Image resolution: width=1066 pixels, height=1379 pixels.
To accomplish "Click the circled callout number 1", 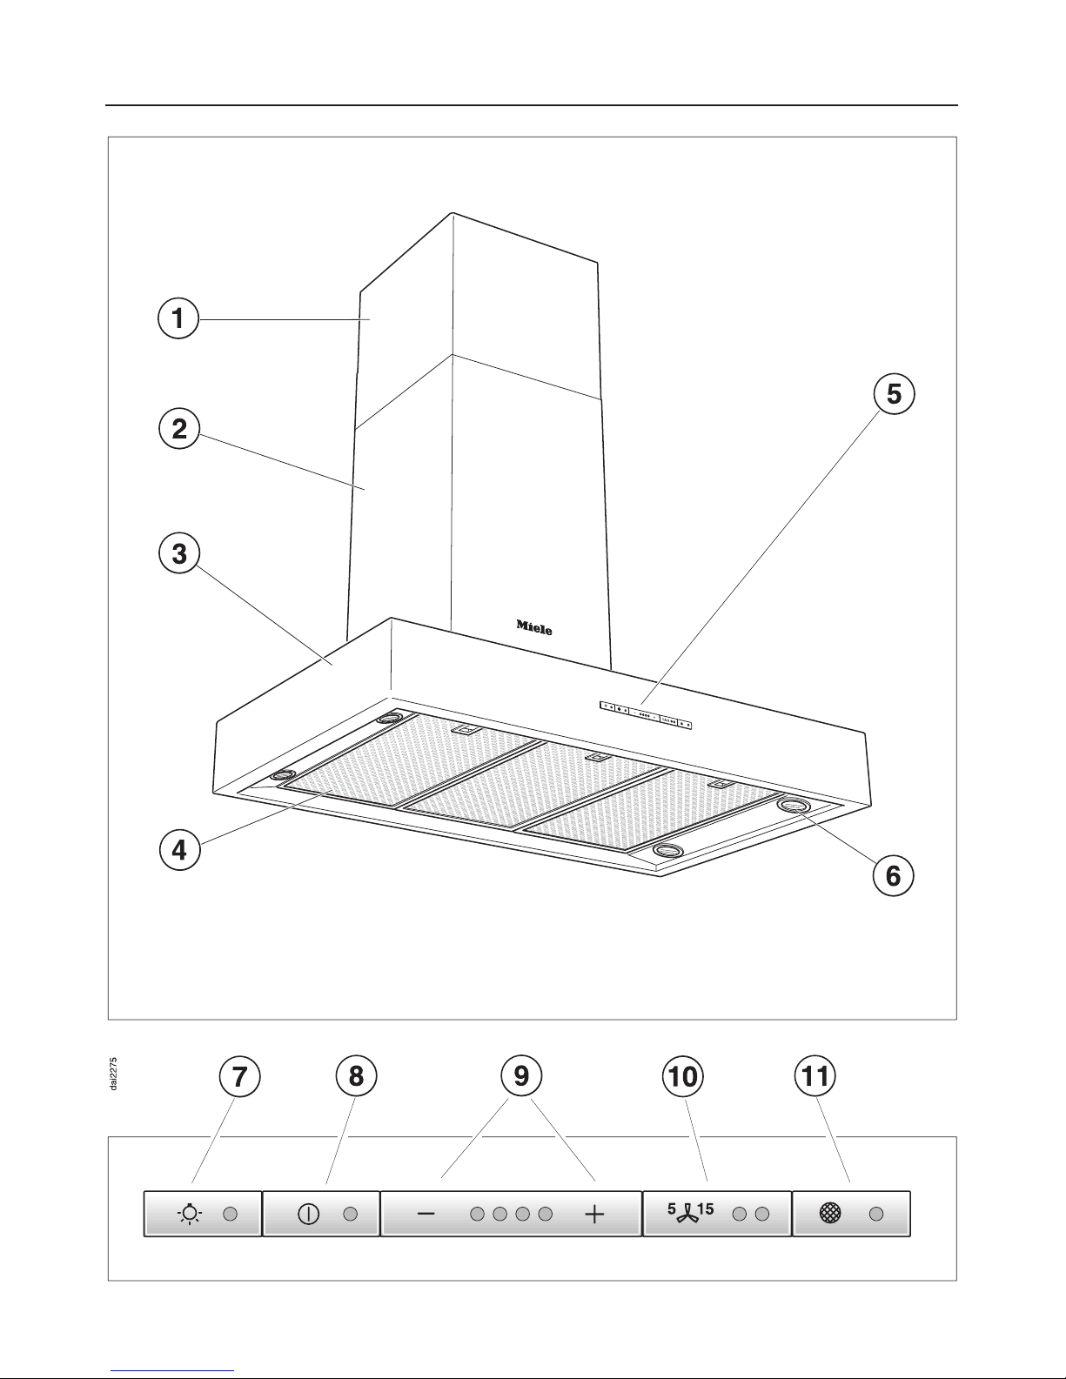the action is (178, 318).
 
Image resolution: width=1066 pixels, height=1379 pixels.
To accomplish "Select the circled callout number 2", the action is (179, 429).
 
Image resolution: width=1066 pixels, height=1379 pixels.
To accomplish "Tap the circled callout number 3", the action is (179, 553).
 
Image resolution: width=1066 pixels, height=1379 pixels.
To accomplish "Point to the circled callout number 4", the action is (179, 850).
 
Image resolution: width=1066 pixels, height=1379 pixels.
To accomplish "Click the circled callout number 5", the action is (894, 394).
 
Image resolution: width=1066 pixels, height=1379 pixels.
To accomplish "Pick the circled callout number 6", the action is (893, 876).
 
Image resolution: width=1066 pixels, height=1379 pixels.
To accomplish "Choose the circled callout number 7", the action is (239, 1076).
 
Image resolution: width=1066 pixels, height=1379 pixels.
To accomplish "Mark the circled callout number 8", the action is (356, 1076).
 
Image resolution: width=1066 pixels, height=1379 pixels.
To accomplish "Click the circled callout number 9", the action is (521, 1076).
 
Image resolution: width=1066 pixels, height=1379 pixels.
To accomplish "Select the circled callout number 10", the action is (683, 1076).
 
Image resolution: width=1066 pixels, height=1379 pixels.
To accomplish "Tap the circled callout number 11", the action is (815, 1076).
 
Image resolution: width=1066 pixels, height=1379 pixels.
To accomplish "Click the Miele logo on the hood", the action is (534, 627).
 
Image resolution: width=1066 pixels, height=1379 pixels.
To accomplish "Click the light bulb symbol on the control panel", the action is (190, 1213).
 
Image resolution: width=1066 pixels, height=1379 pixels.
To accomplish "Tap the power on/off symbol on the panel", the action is (308, 1214).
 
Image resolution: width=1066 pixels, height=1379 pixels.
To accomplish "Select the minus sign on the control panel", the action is (426, 1214).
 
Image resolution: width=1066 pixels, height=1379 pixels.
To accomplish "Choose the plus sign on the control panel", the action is (594, 1214).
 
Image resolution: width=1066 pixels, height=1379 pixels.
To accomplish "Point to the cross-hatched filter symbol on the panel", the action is (830, 1214).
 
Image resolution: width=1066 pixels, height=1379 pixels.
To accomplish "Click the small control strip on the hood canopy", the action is (646, 715).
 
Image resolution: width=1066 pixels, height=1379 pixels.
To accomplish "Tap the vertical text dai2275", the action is (114, 1074).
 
